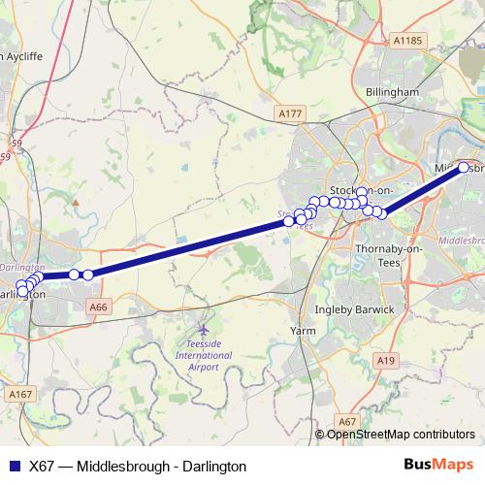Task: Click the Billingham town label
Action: pos(392,91)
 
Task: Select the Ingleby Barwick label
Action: pos(355,309)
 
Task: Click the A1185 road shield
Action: pos(408,41)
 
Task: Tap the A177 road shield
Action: pos(290,113)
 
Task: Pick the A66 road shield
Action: pos(97,307)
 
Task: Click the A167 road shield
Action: pos(20,394)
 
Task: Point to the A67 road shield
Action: pos(349,421)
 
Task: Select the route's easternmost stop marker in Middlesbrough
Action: pos(464,168)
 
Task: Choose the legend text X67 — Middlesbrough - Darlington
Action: pos(138,466)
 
